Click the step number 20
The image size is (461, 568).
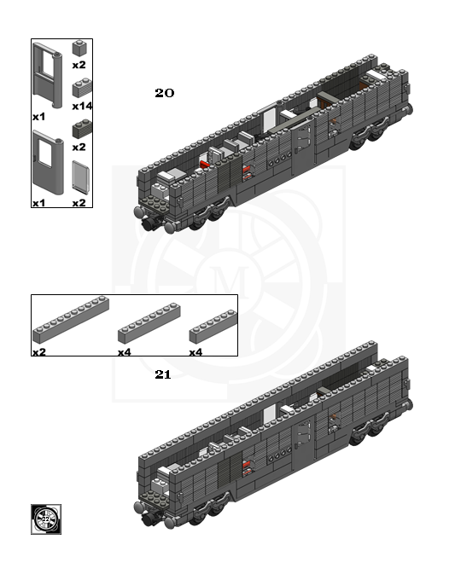pos(164,93)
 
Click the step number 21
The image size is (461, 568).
pos(163,374)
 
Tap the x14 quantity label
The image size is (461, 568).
pos(82,106)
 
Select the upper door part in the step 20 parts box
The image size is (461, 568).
pos(47,75)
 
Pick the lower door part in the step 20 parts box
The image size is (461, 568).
pos(48,162)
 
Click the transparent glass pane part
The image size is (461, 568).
pos(80,177)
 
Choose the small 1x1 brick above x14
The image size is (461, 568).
pos(79,48)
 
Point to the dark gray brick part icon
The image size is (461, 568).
pos(82,129)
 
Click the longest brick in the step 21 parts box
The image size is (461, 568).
pos(71,320)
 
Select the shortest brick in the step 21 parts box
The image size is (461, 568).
pos(213,327)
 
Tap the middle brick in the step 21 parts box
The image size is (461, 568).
pos(149,323)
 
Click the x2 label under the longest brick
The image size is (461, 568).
pos(39,352)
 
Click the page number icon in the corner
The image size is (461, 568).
pos(46,519)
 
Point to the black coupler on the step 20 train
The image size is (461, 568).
pos(149,223)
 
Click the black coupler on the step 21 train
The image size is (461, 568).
pos(149,518)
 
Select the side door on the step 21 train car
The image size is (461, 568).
pos(302,443)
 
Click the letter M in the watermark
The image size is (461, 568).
pos(231,281)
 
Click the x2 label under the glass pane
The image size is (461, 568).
pos(79,203)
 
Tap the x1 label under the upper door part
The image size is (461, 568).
pos(38,117)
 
